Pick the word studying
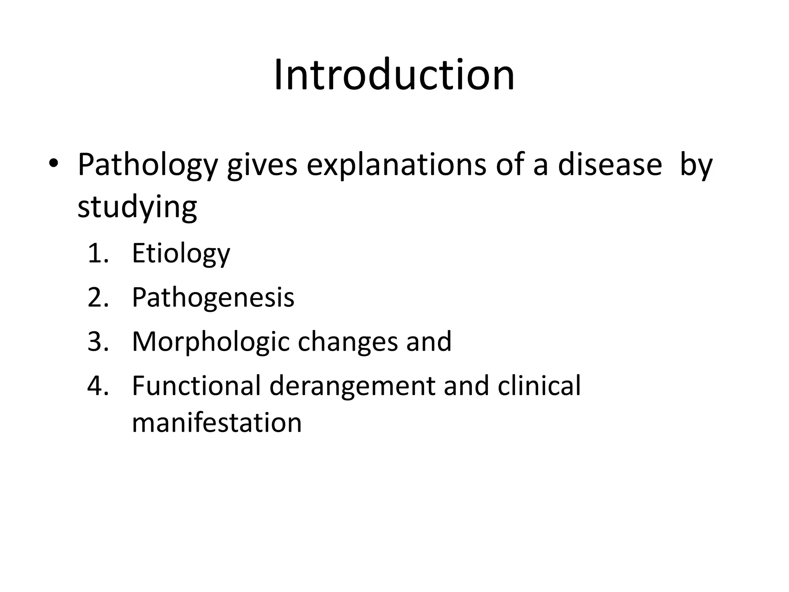click(x=137, y=208)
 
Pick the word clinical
click(x=539, y=385)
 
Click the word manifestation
click(x=217, y=422)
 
